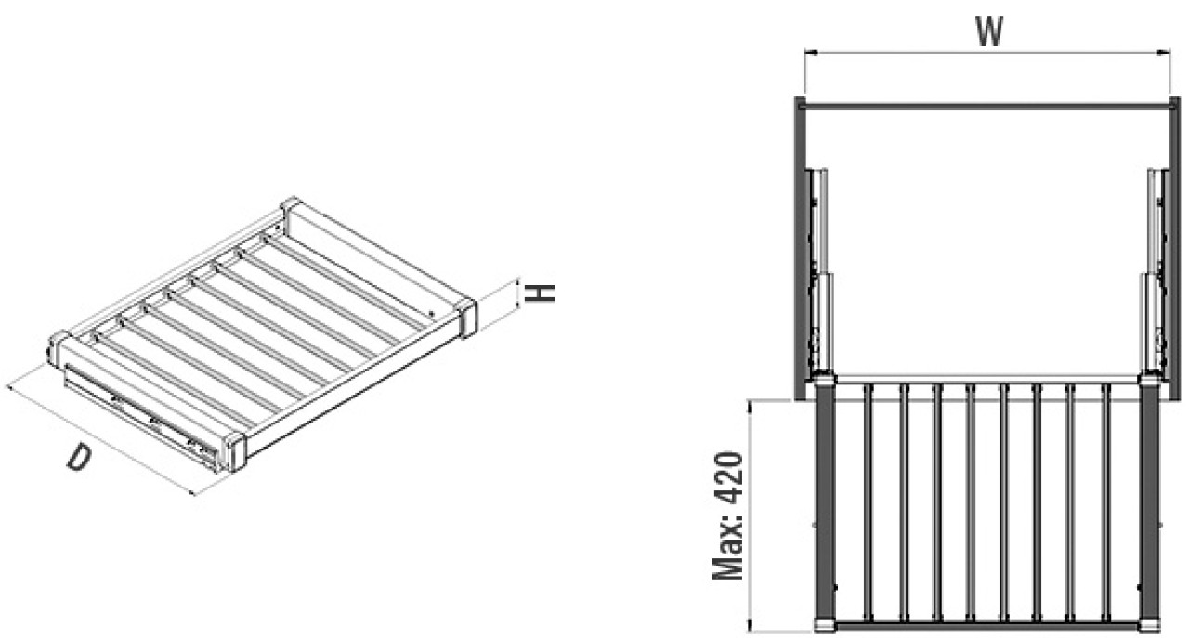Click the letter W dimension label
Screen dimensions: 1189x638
pos(989,32)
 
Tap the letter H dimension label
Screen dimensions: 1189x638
pos(540,293)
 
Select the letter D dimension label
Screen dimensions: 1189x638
pos(79,458)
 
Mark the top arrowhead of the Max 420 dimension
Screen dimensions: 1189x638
pos(750,406)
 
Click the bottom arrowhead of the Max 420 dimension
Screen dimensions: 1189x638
pos(750,627)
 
